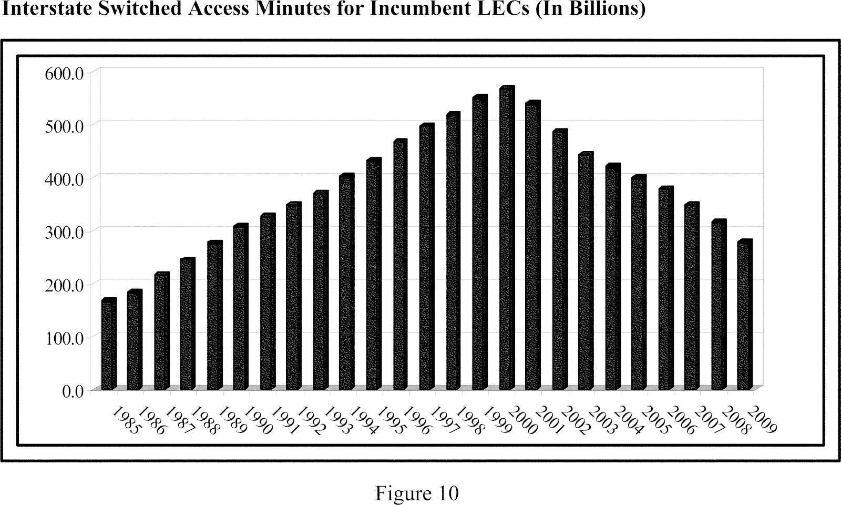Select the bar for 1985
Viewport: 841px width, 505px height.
pos(109,345)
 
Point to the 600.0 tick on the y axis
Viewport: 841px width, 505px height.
pos(61,73)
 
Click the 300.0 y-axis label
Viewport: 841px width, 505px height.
pos(61,231)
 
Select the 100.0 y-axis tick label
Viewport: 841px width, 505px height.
pos(61,338)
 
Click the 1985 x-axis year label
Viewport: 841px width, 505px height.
pos(126,420)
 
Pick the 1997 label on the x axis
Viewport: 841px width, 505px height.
pos(444,420)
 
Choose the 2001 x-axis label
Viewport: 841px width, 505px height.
pos(550,420)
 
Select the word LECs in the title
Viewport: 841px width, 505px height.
pos(502,8)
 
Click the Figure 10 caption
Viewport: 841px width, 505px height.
pos(417,493)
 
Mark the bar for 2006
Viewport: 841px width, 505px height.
pos(665,289)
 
